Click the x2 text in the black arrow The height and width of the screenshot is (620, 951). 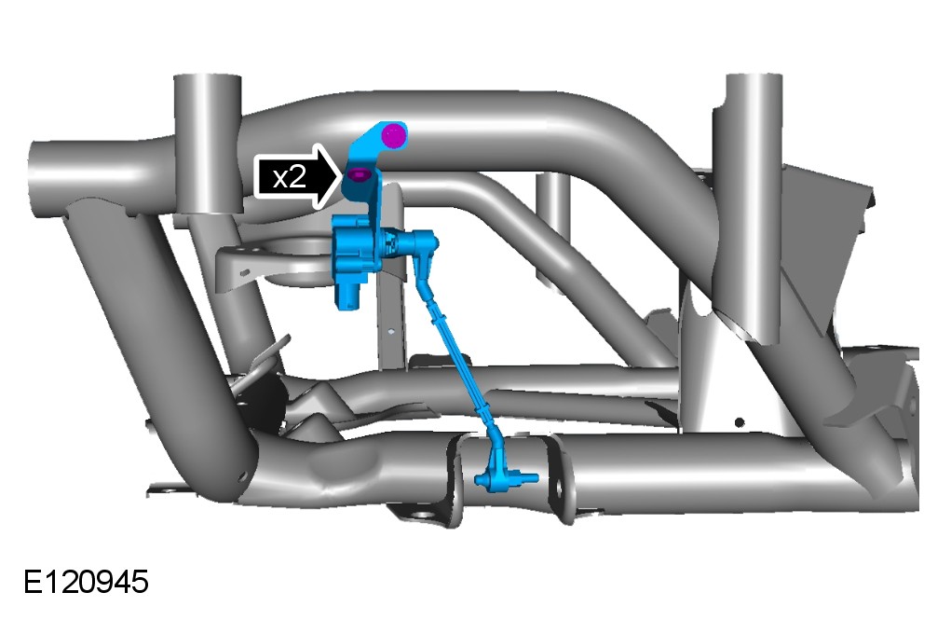tap(289, 178)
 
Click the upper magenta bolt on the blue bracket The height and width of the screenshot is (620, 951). tap(394, 136)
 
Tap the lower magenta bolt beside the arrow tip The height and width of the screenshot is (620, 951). tap(359, 175)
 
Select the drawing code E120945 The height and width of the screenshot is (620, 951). tap(86, 582)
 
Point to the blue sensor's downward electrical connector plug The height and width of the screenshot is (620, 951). tap(350, 294)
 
